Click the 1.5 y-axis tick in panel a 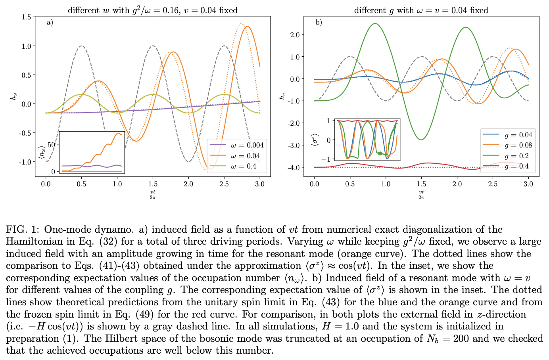[27, 17]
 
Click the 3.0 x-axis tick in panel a [259, 184]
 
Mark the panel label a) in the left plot [50, 23]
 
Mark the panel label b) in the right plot [319, 23]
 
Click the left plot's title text [153, 10]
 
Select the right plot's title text [421, 10]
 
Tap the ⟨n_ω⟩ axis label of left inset [40, 152]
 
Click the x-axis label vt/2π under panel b [421, 194]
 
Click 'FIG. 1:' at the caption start [23, 230]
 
